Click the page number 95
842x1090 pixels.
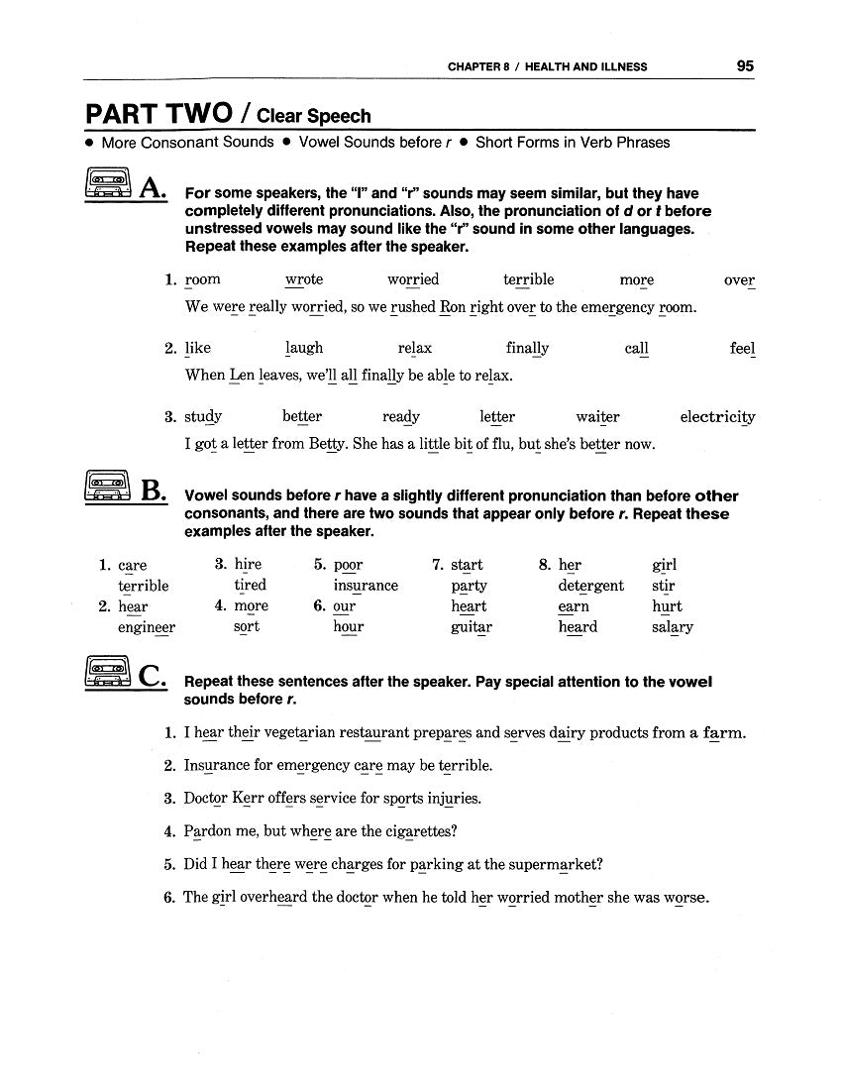click(x=745, y=66)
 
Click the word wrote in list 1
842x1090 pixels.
click(x=304, y=279)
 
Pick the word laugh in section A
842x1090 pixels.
click(x=304, y=348)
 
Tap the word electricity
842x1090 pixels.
click(x=717, y=417)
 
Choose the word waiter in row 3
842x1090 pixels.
click(x=597, y=417)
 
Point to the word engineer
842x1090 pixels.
click(x=147, y=627)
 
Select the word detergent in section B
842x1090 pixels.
click(x=590, y=586)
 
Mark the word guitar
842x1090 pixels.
click(x=472, y=627)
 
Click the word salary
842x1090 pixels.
click(x=673, y=627)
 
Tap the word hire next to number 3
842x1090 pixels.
click(x=248, y=565)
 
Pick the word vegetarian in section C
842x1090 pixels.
click(x=301, y=733)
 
